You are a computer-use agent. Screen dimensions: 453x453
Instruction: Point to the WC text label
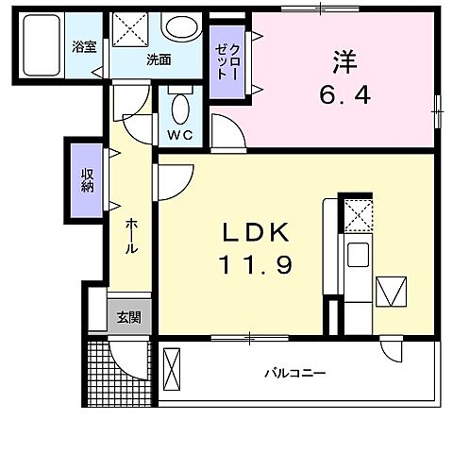point(179,134)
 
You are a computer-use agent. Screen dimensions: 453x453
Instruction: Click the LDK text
point(250,232)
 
